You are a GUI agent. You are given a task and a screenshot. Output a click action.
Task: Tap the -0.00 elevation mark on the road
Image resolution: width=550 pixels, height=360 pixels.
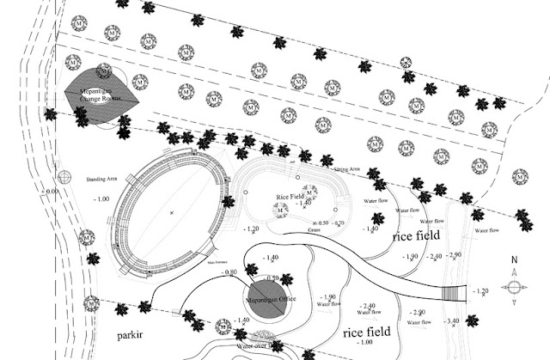52,191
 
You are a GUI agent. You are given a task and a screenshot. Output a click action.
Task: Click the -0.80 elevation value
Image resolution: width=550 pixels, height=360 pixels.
229,272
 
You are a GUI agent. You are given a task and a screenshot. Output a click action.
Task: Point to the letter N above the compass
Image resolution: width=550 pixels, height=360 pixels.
513,260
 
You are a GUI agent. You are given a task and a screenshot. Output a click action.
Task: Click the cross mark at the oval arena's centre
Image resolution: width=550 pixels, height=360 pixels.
172,211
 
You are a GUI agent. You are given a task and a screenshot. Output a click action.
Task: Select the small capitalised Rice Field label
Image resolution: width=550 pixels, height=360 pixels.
290,197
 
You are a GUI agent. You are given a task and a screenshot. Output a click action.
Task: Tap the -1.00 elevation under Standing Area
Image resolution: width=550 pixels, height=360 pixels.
101,198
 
